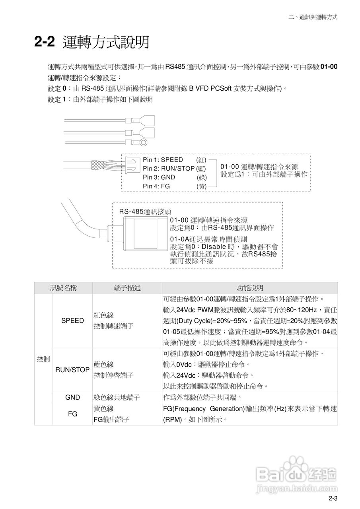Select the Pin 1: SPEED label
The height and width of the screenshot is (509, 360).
(x=163, y=160)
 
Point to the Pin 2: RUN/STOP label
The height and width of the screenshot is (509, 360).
(x=169, y=169)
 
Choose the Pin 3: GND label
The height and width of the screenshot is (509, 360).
(x=159, y=177)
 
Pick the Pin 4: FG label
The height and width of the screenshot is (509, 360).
(x=156, y=186)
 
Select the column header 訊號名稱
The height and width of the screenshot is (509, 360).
(x=63, y=288)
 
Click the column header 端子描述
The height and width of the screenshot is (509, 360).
(x=127, y=288)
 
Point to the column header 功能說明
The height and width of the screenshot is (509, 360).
(x=250, y=288)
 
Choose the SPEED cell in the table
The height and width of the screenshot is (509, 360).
(x=72, y=321)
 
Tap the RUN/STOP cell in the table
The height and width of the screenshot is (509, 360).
(x=72, y=370)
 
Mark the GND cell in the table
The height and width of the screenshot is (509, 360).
(x=72, y=397)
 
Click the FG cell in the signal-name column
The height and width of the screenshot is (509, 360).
(x=72, y=414)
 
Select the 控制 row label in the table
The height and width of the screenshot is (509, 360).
(x=43, y=359)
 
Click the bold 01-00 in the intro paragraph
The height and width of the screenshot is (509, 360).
(x=329, y=67)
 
